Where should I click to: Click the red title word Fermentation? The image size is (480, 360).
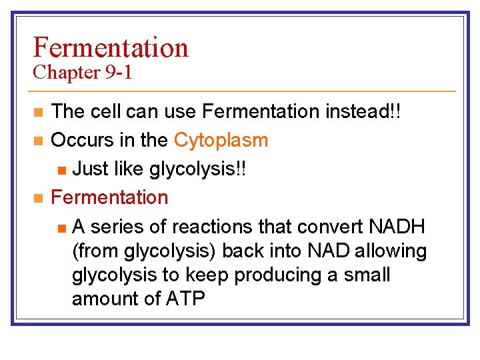click(111, 47)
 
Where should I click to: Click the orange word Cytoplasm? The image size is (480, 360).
click(221, 140)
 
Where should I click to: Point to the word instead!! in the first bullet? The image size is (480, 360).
click(363, 111)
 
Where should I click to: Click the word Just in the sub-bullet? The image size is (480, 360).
click(91, 169)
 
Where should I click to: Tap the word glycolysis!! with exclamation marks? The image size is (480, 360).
click(198, 169)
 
